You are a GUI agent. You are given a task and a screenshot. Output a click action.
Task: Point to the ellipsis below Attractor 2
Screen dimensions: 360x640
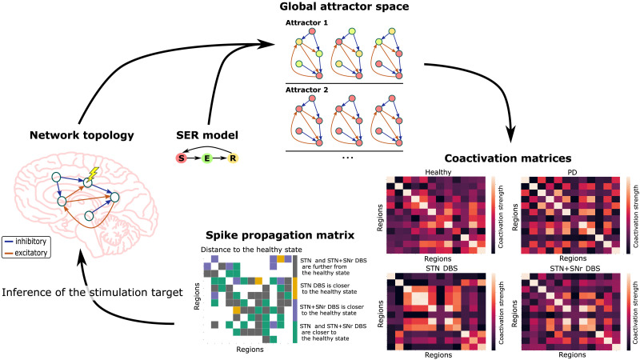[346, 158]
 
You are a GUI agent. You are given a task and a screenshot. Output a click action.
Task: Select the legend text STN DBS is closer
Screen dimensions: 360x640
[329, 285]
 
